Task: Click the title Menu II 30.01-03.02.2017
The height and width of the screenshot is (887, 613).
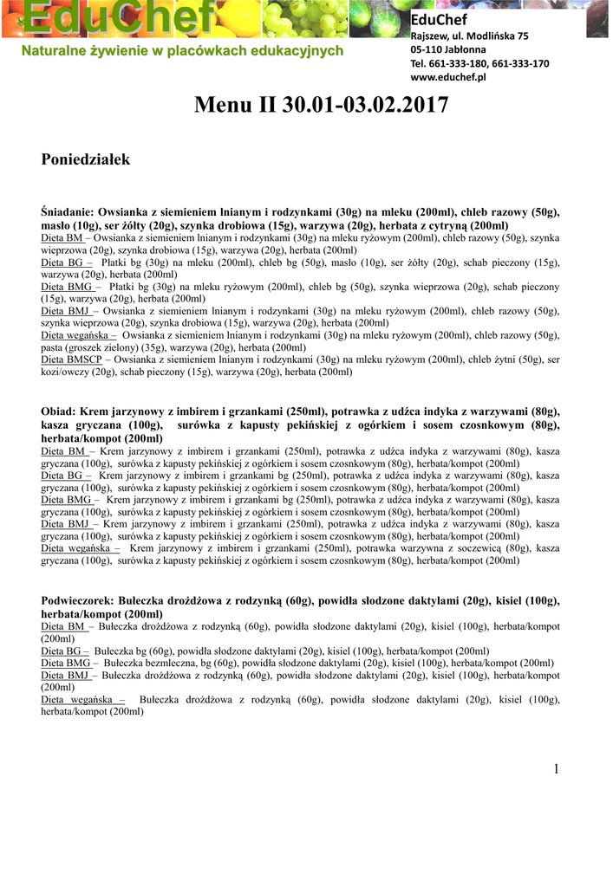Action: (x=322, y=106)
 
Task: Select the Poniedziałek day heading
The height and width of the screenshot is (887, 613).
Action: (x=86, y=159)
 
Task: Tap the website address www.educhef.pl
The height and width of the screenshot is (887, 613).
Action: (x=447, y=77)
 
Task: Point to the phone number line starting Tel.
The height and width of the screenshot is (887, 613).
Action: (x=479, y=63)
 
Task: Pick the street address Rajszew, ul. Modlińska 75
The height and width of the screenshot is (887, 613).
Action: (x=468, y=36)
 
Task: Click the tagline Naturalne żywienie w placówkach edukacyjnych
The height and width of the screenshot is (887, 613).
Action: (x=182, y=51)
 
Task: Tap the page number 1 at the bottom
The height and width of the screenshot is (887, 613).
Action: (x=558, y=769)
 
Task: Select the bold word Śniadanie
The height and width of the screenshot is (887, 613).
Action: (x=67, y=211)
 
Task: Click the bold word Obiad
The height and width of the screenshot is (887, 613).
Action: (x=58, y=411)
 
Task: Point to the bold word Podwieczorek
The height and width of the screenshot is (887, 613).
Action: (x=79, y=600)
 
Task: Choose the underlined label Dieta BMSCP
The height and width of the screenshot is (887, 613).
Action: (x=76, y=359)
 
